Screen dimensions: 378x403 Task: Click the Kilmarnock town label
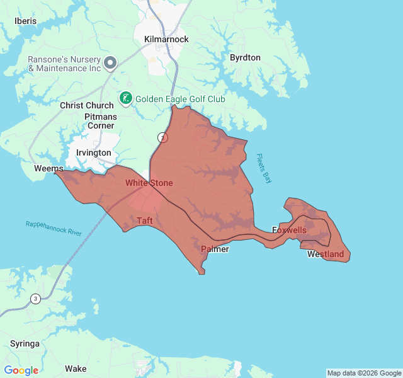click(x=166, y=39)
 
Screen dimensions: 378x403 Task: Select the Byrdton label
click(x=245, y=57)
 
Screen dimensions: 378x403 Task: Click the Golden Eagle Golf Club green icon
click(x=126, y=98)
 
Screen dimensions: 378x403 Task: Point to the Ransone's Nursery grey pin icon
click(x=110, y=62)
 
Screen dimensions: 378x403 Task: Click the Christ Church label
click(x=86, y=105)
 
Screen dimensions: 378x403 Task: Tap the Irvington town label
click(x=93, y=152)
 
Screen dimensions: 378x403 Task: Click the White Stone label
click(x=149, y=183)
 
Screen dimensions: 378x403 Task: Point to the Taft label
click(x=145, y=220)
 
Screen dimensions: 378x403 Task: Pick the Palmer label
click(x=215, y=249)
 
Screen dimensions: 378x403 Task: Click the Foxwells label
click(x=289, y=230)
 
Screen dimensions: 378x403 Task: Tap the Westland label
click(x=326, y=255)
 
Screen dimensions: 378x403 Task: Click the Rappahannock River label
click(x=54, y=229)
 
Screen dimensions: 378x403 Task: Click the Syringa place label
click(x=25, y=343)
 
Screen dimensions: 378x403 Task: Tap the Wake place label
click(x=76, y=369)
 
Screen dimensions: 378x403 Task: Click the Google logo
click(x=21, y=370)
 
